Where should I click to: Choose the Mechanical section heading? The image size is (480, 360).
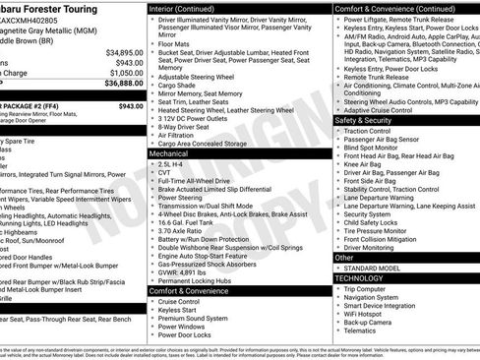pos(170,153)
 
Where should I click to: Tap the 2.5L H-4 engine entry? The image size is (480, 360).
pos(175,165)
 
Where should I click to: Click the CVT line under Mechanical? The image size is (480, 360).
pos(166,175)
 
